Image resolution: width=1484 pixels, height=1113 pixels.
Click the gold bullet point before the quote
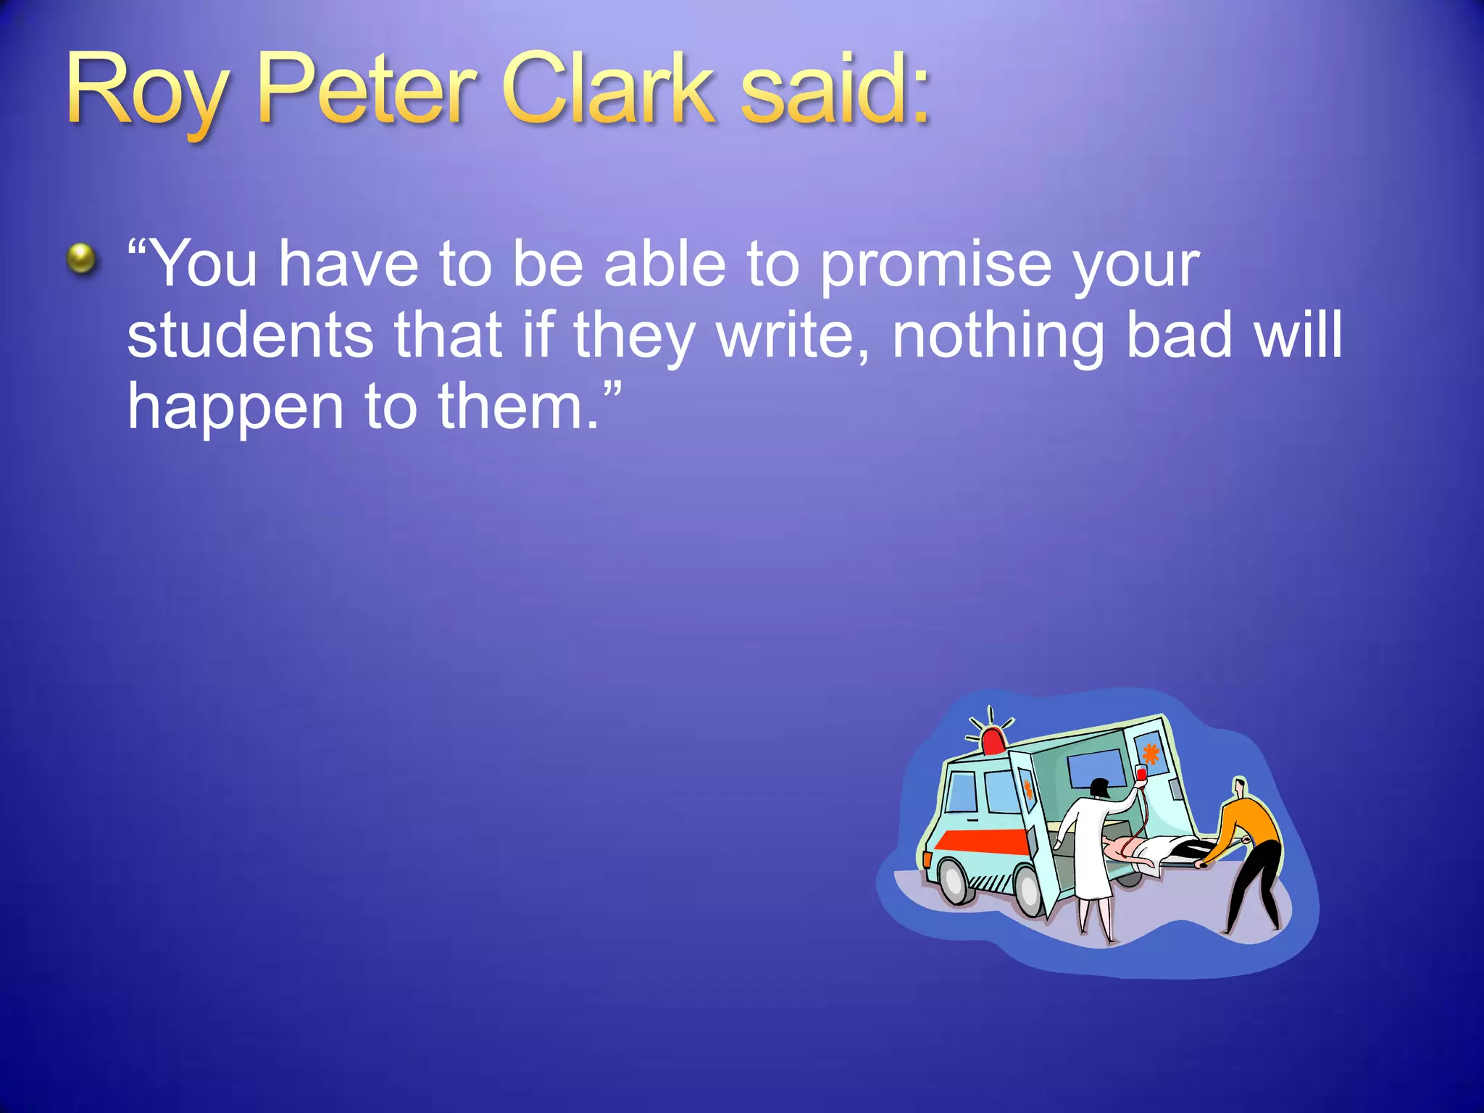coord(81,259)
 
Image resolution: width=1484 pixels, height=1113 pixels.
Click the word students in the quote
coord(250,335)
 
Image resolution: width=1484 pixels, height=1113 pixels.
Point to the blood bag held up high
coord(1141,774)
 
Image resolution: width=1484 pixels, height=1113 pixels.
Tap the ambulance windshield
coord(962,791)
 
